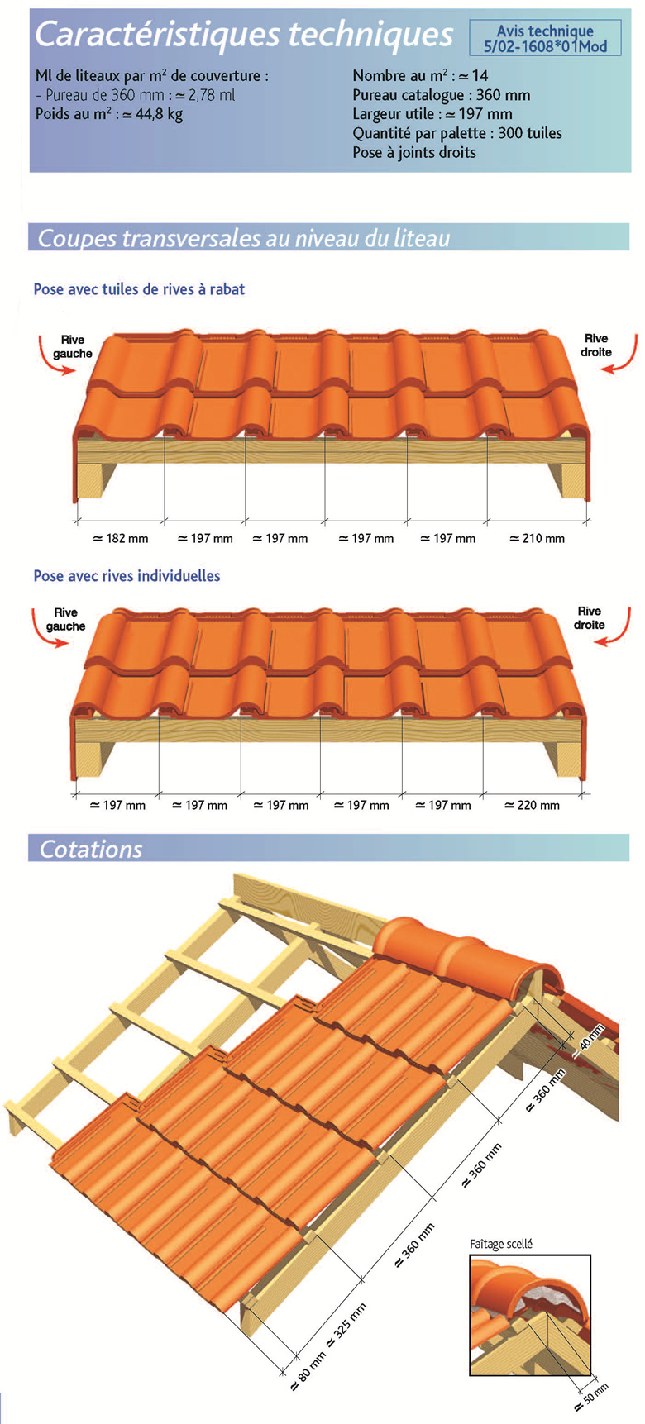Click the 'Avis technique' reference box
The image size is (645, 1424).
click(545, 38)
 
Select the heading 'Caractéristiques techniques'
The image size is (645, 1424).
click(244, 35)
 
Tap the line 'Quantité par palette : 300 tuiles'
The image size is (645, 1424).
click(457, 133)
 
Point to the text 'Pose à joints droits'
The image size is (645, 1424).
click(414, 152)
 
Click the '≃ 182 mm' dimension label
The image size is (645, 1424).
click(121, 538)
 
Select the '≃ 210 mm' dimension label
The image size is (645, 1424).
click(537, 538)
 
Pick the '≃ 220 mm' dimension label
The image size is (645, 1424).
click(532, 805)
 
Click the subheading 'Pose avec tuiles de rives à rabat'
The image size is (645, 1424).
click(139, 289)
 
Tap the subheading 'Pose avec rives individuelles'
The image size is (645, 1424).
click(127, 576)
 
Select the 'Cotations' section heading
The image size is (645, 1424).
click(91, 849)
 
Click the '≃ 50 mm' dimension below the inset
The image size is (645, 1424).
click(590, 1397)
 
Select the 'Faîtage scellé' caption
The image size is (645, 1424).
click(501, 1244)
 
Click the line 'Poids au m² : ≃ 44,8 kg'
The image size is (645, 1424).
click(109, 114)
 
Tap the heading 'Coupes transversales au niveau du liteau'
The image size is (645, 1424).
click(244, 238)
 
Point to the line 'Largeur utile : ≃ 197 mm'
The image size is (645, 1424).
click(432, 114)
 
